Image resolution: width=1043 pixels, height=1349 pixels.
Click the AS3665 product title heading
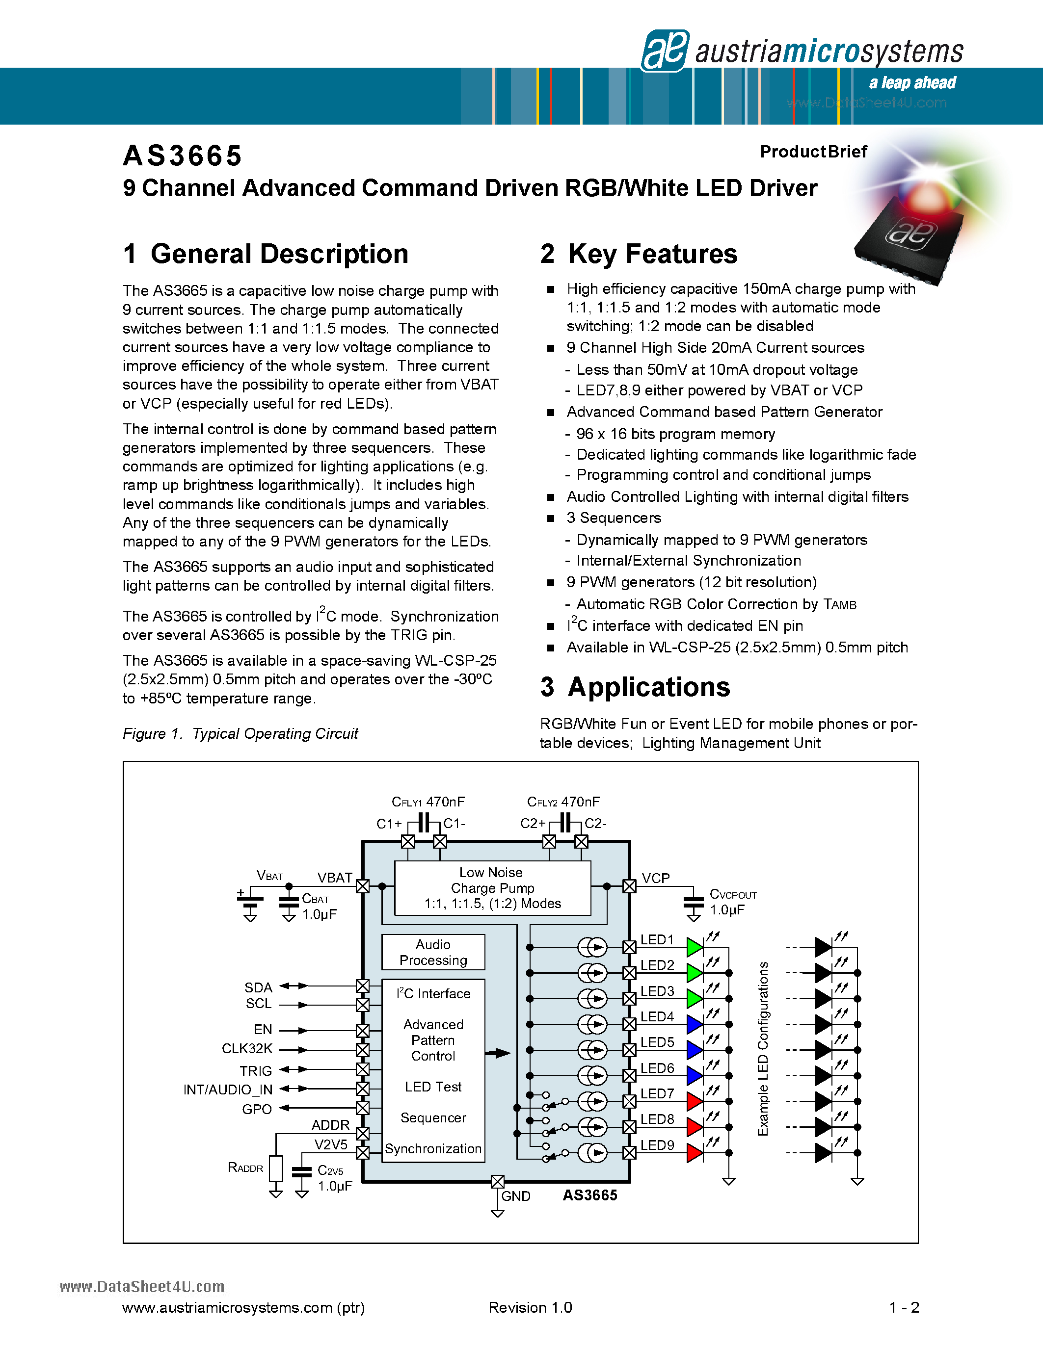pyautogui.click(x=182, y=156)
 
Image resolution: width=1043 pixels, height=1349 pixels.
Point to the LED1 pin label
pyautogui.click(x=657, y=939)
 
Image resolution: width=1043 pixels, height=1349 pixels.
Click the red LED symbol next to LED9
pyautogui.click(x=695, y=1153)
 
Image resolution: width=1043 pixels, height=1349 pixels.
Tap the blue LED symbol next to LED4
pyautogui.click(x=695, y=1025)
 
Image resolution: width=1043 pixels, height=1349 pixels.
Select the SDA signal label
pyautogui.click(x=258, y=987)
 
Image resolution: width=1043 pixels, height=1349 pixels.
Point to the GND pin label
pyautogui.click(x=515, y=1196)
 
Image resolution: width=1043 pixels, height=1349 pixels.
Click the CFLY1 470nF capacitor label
pyautogui.click(x=428, y=802)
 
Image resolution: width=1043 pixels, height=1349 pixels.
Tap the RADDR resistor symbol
pyautogui.click(x=276, y=1168)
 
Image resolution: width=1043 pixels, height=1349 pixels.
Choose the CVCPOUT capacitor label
pyautogui.click(x=733, y=894)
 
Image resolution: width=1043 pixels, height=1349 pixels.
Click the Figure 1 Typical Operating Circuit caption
pyautogui.click(x=241, y=734)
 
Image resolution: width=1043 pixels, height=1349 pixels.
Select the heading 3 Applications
pyautogui.click(x=635, y=687)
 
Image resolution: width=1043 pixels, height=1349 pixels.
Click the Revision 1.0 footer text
pyautogui.click(x=530, y=1308)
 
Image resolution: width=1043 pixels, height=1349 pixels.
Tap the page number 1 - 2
pyautogui.click(x=904, y=1308)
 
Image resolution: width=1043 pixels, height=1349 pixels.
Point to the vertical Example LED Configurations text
pyautogui.click(x=763, y=1048)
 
